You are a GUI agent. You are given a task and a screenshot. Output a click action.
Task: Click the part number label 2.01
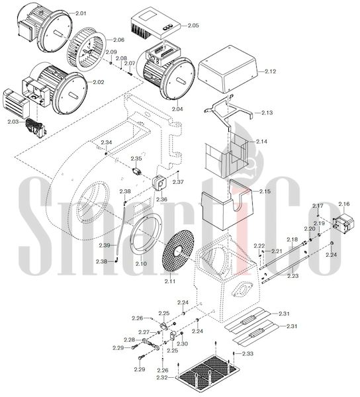81,13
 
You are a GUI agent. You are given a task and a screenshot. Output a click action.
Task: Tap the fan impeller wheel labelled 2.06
86,50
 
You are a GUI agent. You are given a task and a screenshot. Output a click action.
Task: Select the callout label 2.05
193,25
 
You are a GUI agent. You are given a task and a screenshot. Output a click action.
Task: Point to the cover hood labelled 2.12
228,69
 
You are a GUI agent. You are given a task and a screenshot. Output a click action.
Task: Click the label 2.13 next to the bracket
267,112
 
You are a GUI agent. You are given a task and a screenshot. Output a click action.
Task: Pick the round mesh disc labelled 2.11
178,252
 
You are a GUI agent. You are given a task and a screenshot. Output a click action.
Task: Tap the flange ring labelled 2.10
146,236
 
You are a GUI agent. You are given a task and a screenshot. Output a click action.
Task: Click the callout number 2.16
344,204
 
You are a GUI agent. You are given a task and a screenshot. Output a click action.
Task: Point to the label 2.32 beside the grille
162,378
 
